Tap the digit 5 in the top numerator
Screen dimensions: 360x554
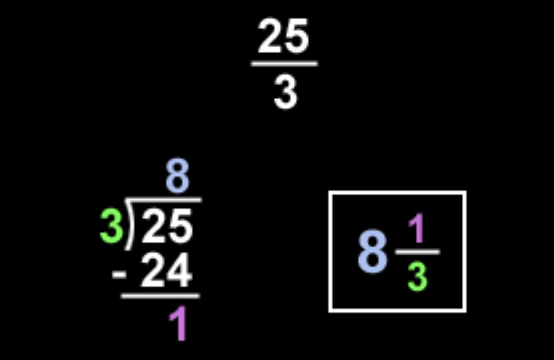pyautogui.click(x=297, y=36)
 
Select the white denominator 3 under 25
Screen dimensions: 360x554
pyautogui.click(x=285, y=93)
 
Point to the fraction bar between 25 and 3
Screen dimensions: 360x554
pyautogui.click(x=284, y=64)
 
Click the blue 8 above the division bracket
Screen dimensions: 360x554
pyautogui.click(x=177, y=177)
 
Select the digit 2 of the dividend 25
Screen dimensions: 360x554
pyautogui.click(x=154, y=227)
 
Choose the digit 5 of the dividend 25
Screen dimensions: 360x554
pyautogui.click(x=180, y=227)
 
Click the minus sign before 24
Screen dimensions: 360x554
pyautogui.click(x=119, y=274)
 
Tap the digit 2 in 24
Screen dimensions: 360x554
pyautogui.click(x=153, y=271)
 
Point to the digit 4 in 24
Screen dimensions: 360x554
pyautogui.click(x=179, y=271)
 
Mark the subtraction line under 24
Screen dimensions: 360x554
pyautogui.click(x=160, y=296)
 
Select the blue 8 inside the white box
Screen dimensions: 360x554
pyautogui.click(x=373, y=253)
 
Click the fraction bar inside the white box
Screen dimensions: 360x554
pyautogui.click(x=418, y=252)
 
